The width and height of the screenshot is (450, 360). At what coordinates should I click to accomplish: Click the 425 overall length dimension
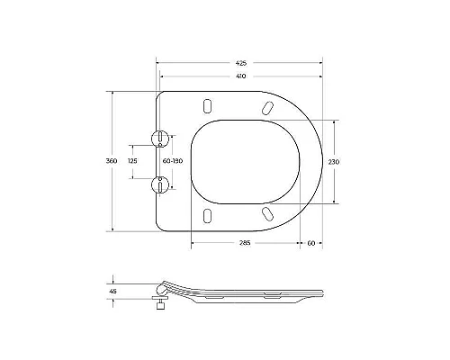click(241, 64)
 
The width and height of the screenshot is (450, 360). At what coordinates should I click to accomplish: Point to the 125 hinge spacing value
click(132, 160)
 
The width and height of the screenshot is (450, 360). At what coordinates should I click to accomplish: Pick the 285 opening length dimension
click(244, 243)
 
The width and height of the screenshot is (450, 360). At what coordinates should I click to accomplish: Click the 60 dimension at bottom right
click(310, 243)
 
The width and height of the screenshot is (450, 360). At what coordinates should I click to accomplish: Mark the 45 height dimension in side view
click(112, 291)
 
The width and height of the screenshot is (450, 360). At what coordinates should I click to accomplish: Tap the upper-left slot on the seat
click(208, 104)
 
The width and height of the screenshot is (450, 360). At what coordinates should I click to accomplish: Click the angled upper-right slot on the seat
click(266, 107)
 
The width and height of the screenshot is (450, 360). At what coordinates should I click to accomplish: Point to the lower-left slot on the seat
click(208, 215)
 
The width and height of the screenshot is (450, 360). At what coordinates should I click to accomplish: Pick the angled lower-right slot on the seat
click(266, 213)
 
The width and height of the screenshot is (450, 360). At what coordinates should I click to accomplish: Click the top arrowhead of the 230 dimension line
click(335, 121)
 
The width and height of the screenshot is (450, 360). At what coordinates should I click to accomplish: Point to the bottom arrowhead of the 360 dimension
click(112, 229)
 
